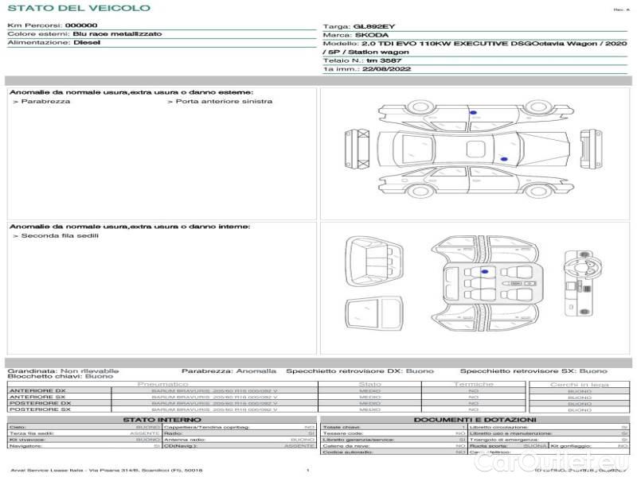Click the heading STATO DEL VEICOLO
click(78, 8)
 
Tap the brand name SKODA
click(371, 35)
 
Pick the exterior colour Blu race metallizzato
click(118, 34)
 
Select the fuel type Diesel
click(88, 43)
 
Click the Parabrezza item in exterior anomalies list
click(45, 102)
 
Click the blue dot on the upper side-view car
click(473, 114)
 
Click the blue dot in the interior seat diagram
click(483, 272)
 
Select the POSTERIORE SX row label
click(37, 409)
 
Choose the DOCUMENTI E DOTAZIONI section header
click(475, 420)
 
